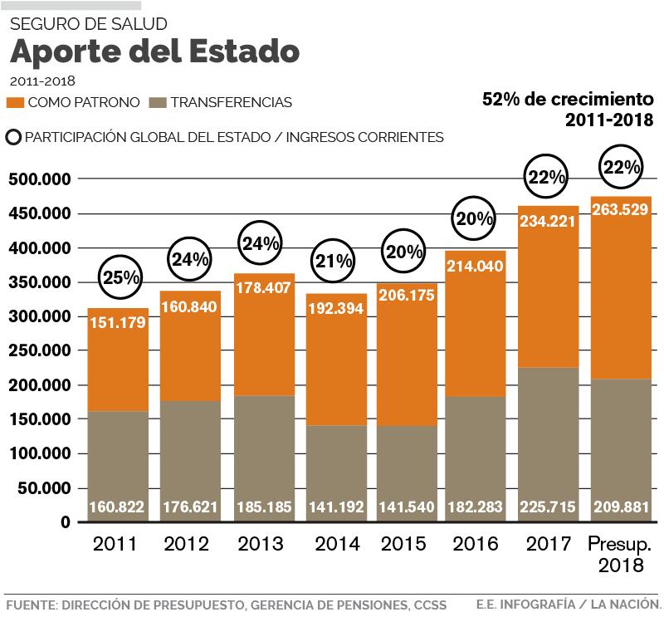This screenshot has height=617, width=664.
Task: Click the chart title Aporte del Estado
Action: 154,51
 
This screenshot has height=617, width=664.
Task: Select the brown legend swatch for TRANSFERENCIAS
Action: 159,103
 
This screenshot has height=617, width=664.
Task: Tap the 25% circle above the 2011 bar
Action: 121,278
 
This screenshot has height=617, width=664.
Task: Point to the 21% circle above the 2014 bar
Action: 335,261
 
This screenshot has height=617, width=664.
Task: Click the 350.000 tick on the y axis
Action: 39,283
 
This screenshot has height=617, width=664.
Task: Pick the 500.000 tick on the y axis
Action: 39,179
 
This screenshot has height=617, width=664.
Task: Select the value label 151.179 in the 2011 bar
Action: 117,323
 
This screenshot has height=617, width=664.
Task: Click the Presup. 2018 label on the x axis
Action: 620,555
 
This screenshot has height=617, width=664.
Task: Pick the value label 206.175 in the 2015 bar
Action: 407,296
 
